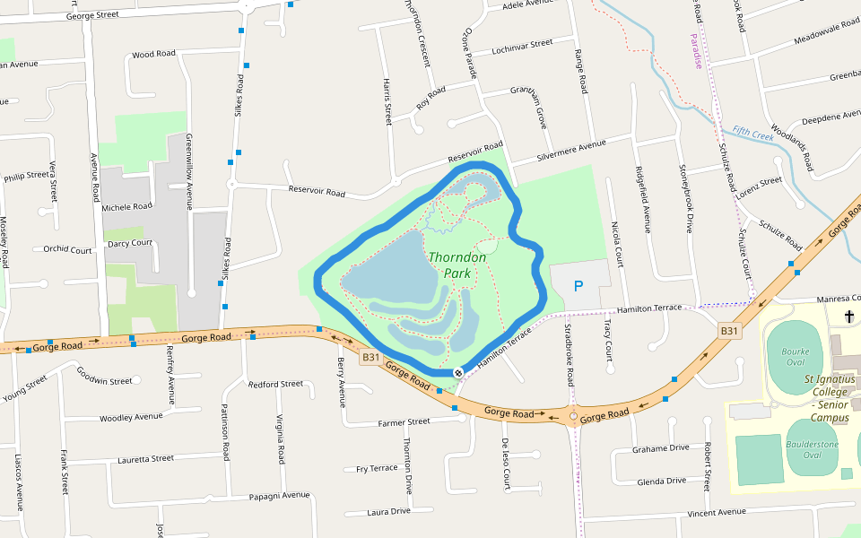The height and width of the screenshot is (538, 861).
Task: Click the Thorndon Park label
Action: click(457, 265)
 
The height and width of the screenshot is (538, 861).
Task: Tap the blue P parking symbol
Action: click(578, 287)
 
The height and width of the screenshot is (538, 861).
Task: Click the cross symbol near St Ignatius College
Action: click(849, 316)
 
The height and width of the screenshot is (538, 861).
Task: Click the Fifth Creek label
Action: click(752, 133)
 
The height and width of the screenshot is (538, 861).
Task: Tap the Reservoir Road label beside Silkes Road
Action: click(317, 191)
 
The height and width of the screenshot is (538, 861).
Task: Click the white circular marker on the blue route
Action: click(458, 372)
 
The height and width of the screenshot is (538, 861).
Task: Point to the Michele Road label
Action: click(126, 207)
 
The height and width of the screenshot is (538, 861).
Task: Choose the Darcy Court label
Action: click(130, 243)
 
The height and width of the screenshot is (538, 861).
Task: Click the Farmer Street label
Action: click(404, 421)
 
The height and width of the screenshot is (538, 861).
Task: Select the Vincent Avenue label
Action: click(716, 512)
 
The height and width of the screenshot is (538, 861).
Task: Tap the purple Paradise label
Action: click(696, 51)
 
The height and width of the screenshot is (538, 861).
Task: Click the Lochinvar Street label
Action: click(522, 46)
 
